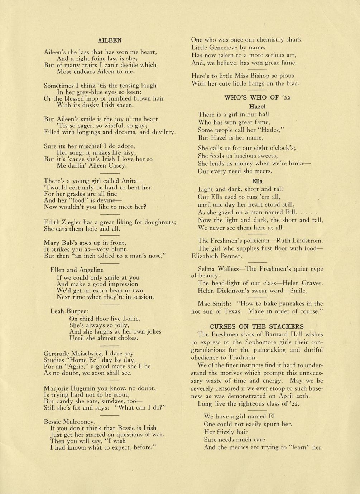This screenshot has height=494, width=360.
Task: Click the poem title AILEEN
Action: [110, 40]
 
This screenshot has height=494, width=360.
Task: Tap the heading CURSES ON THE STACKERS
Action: [256, 326]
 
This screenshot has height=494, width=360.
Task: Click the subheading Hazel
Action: [257, 106]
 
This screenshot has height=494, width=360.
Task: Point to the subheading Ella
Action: [257, 181]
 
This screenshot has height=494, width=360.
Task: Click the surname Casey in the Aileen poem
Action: [117, 165]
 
